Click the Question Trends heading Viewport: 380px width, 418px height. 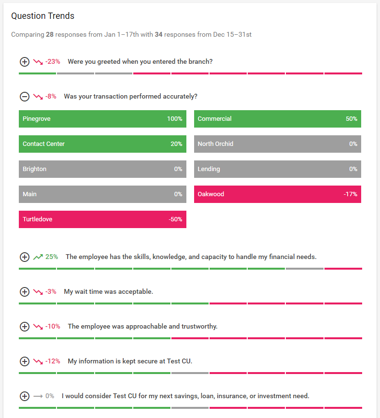42,16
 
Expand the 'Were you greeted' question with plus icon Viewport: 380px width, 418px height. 24,62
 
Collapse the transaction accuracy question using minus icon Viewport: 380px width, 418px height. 24,97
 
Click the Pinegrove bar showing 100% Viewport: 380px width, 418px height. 102,119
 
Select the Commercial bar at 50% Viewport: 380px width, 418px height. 277,119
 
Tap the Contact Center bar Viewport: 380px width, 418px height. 102,144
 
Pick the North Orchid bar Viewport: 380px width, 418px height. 277,144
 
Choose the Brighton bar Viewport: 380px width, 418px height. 102,169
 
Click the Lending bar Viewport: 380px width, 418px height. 277,169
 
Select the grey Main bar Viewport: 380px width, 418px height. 102,194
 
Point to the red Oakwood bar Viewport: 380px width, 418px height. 277,194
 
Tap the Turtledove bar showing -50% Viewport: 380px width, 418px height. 102,219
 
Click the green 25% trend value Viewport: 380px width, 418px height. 51,257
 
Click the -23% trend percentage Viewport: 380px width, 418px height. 53,62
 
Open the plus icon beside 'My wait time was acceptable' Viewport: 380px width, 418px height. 24,292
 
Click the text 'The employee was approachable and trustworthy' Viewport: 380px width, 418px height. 142,327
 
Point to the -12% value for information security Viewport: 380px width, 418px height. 53,361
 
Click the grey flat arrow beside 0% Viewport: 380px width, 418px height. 38,396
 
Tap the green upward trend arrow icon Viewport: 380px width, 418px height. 38,257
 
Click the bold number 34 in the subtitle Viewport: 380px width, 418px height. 158,35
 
